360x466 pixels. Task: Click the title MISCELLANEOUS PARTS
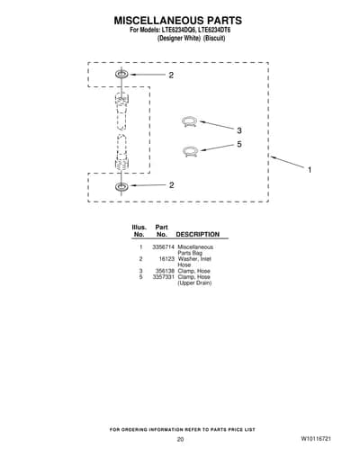pos(177,21)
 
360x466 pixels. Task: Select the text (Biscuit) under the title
pos(214,39)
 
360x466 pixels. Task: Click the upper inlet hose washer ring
pos(121,74)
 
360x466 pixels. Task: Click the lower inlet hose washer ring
pos(121,186)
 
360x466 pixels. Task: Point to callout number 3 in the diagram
pos(239,130)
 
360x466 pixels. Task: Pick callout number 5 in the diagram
pos(239,144)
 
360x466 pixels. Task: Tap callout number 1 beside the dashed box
pos(310,170)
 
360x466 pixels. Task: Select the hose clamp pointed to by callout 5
pos(190,150)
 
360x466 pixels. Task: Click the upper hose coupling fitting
pos(121,111)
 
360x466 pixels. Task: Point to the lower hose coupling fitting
pos(121,153)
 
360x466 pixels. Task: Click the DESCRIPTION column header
pos(197,234)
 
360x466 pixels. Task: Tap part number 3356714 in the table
pos(163,247)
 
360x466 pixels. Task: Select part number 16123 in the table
pos(166,259)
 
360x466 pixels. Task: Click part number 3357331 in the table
pos(163,277)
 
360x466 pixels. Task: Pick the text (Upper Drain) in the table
pos(194,282)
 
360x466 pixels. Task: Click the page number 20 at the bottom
pos(180,439)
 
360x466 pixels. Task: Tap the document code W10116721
pos(316,438)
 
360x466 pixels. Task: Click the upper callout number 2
pos(171,76)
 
